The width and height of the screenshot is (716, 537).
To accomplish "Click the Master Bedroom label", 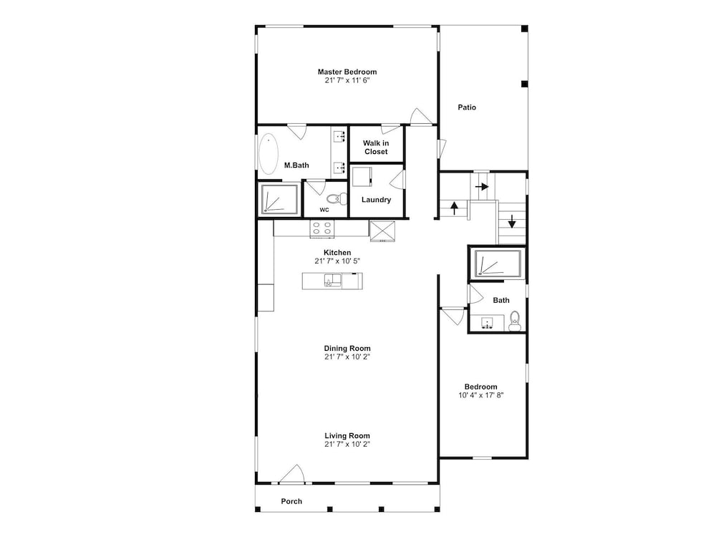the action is click(x=347, y=72).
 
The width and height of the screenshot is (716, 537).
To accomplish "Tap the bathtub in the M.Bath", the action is click(x=268, y=154).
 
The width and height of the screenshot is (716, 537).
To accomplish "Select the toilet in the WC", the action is click(x=337, y=199).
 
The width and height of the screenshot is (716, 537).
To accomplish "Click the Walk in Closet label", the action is click(x=376, y=147).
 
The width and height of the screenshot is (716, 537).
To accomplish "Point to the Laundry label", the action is click(x=377, y=200).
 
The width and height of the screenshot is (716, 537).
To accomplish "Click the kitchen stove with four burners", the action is click(x=322, y=228).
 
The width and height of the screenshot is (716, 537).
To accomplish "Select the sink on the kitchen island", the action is click(x=332, y=281).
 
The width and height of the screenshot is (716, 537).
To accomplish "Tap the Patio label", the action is click(x=467, y=107).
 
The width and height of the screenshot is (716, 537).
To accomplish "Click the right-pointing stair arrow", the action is click(x=482, y=187).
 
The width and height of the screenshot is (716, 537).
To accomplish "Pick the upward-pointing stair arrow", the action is click(x=454, y=208).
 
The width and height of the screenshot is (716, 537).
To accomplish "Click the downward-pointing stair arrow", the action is click(x=512, y=221).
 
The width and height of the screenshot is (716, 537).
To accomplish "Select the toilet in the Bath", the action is click(x=515, y=321).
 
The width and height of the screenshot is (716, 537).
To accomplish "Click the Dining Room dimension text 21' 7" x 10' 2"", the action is click(x=347, y=357).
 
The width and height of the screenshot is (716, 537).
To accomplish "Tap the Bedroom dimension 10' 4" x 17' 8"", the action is click(x=481, y=395).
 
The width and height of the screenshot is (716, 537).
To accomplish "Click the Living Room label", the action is click(x=347, y=435).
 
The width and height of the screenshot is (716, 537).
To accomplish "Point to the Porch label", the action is click(x=291, y=501).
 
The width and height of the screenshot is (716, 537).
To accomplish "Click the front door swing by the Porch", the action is click(x=292, y=473).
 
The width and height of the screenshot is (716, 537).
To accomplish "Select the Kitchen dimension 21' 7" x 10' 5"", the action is click(x=337, y=261).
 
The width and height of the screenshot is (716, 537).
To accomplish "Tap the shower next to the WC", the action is click(x=279, y=199).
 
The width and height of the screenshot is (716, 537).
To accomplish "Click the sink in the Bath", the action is click(x=487, y=322).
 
